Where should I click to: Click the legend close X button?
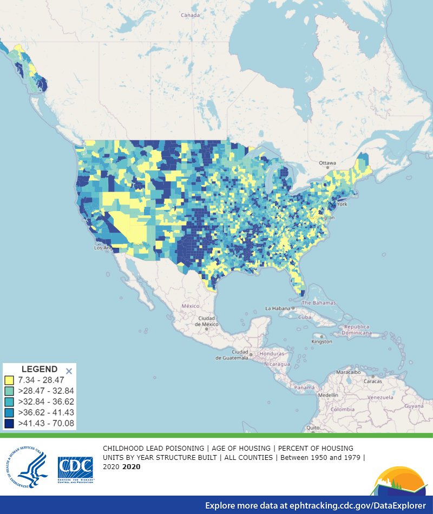tap(69, 371)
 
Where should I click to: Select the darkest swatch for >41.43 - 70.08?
tap(9, 423)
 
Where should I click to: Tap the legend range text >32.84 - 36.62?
tap(46, 401)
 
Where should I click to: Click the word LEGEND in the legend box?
tap(39, 370)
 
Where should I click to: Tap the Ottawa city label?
tap(327, 163)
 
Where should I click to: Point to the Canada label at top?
tap(190, 15)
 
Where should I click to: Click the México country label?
tap(191, 306)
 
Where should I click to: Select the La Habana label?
tap(278, 308)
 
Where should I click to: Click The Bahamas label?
tap(319, 303)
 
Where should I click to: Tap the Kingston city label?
tap(322, 341)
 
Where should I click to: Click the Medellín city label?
tap(329, 395)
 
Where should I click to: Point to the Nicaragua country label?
tap(274, 364)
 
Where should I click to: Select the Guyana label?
tap(415, 405)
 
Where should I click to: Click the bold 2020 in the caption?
tap(133, 466)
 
